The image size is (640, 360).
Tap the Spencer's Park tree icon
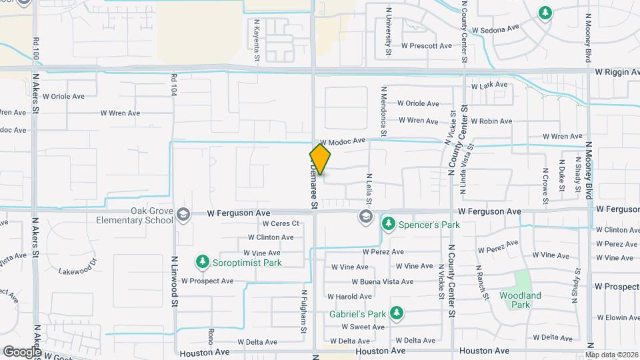click(388, 225)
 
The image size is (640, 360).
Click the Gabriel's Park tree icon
click(396, 313)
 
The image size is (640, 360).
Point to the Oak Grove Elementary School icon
click(183, 214)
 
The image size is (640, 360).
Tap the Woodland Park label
click(520, 300)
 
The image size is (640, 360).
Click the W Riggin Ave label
click(617, 71)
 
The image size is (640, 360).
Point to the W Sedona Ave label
click(495, 29)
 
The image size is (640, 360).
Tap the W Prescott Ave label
click(426, 46)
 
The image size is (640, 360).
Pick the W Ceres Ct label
click(281, 223)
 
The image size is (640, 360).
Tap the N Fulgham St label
click(303, 311)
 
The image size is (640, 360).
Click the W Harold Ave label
click(349, 297)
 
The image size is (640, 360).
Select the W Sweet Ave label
click(363, 327)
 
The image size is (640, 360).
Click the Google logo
click(22, 351)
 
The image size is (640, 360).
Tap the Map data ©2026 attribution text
click(612, 355)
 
